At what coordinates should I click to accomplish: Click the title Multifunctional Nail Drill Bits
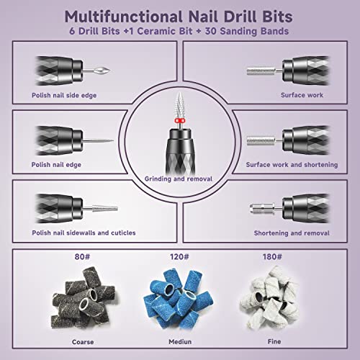pyautogui.click(x=180, y=16)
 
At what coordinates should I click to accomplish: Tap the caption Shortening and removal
pyautogui.click(x=292, y=233)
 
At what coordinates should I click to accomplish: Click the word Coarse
pyautogui.click(x=69, y=341)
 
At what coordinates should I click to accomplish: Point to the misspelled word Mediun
pyautogui.click(x=180, y=341)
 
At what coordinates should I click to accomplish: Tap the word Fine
pyautogui.click(x=291, y=341)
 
